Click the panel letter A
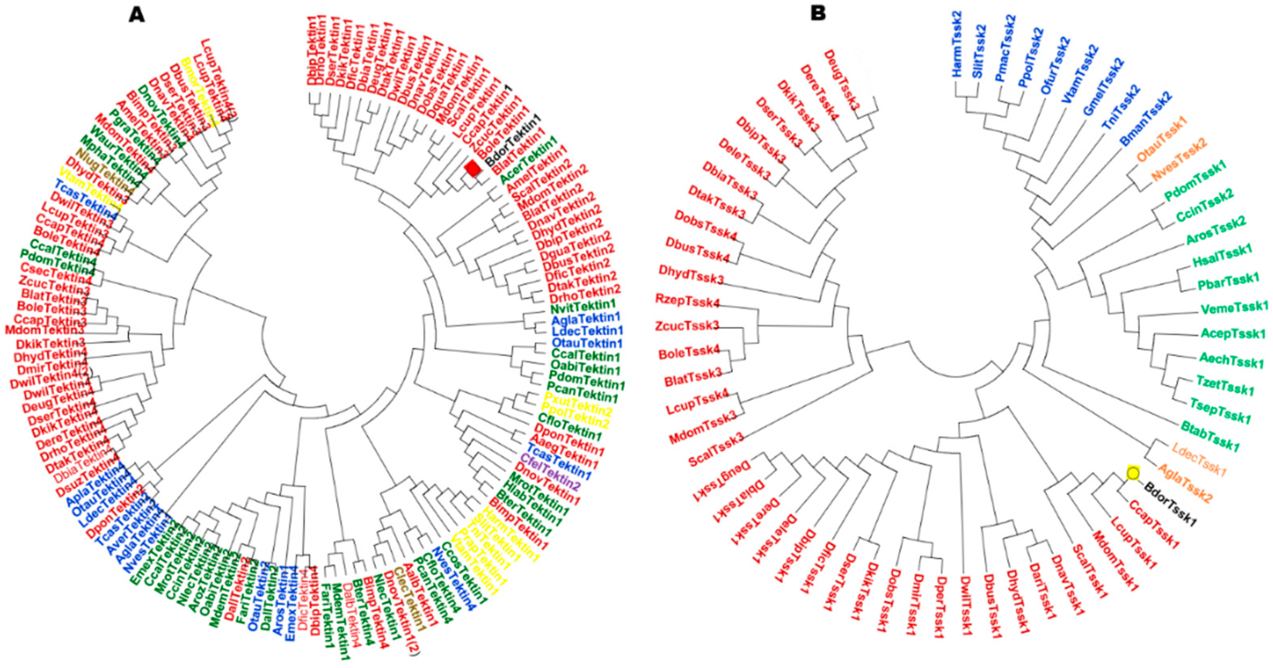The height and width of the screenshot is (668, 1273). tap(137, 15)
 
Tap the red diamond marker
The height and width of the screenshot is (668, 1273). tap(472, 168)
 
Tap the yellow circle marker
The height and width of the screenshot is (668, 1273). tap(1133, 473)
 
